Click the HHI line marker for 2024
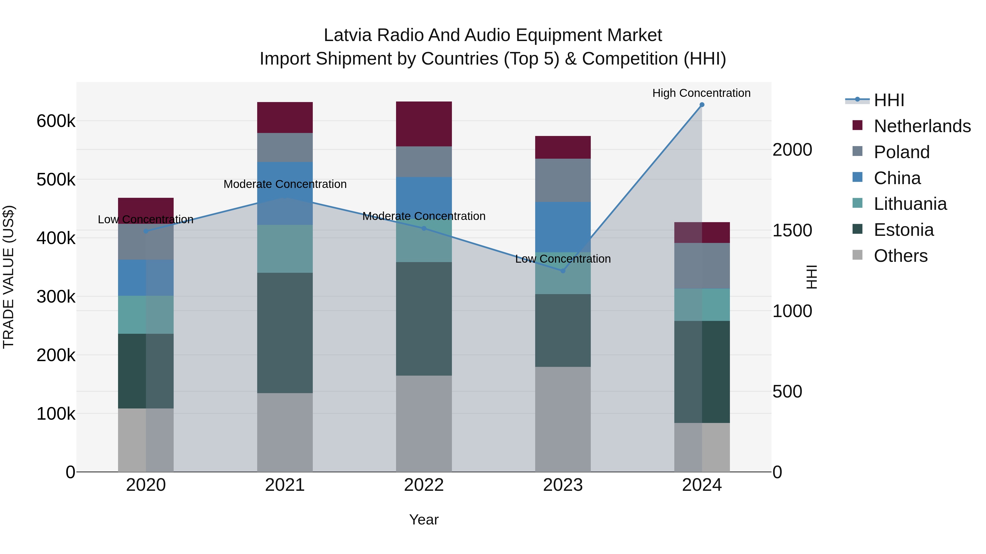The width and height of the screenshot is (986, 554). click(702, 105)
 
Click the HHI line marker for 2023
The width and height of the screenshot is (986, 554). click(563, 271)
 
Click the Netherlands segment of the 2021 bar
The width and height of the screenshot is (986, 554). click(285, 117)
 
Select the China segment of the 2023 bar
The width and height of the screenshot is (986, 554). click(563, 227)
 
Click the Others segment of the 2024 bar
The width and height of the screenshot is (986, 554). click(702, 447)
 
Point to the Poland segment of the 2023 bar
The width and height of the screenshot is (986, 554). click(563, 180)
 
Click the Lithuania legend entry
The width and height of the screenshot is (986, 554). click(910, 204)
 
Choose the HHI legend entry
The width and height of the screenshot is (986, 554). click(889, 100)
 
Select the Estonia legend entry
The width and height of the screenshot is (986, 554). click(903, 230)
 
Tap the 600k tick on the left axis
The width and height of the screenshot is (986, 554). click(56, 121)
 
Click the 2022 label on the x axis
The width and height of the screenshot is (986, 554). click(424, 485)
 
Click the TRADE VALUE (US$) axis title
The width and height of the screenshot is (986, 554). click(8, 277)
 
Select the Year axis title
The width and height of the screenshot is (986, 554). click(424, 520)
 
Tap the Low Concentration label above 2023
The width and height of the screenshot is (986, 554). click(563, 259)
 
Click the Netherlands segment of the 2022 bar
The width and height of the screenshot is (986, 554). click(424, 124)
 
